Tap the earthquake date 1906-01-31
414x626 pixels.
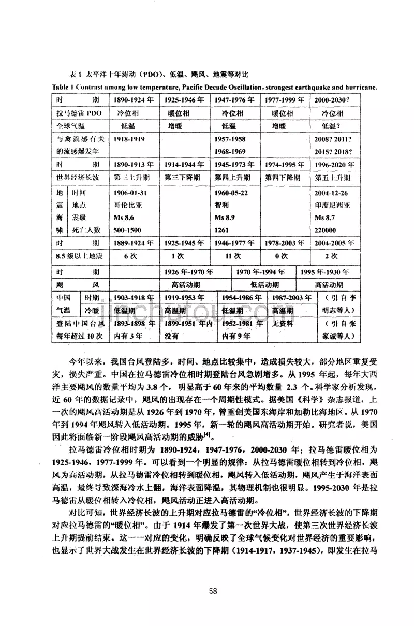click(x=130, y=193)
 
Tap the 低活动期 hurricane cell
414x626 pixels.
click(x=264, y=285)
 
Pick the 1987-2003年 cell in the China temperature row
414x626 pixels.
click(x=290, y=298)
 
